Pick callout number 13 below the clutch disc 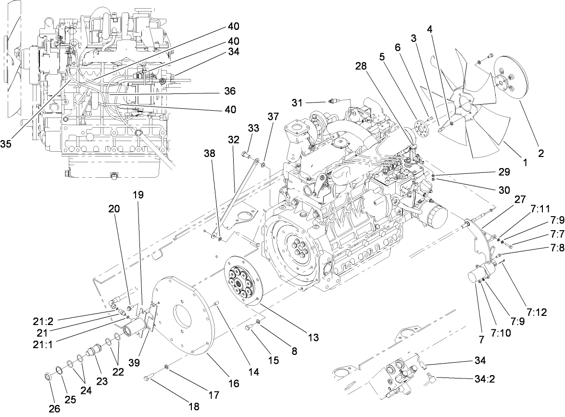pyautogui.click(x=313, y=338)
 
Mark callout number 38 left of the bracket pyautogui.click(x=209, y=154)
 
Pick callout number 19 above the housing pyautogui.click(x=138, y=195)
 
